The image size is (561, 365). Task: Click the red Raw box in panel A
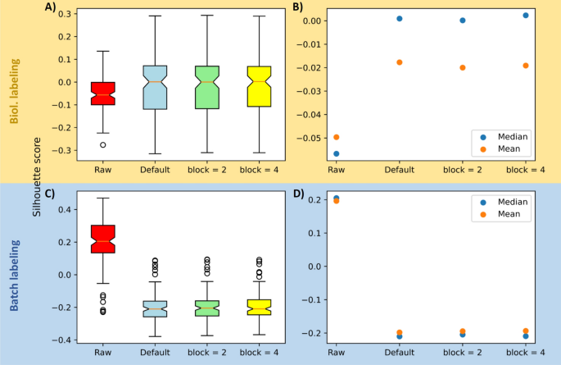coord(103,93)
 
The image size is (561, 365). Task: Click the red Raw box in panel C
coord(103,239)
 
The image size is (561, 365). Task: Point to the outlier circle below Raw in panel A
coord(103,144)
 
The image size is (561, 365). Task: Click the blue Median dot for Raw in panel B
coord(335,153)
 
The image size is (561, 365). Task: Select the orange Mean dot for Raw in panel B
coord(335,137)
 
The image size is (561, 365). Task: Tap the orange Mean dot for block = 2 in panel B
coord(462,67)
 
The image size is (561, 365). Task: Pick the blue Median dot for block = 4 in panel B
coord(525,15)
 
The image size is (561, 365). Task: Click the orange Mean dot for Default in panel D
coord(399,332)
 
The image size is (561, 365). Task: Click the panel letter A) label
coord(50,8)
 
